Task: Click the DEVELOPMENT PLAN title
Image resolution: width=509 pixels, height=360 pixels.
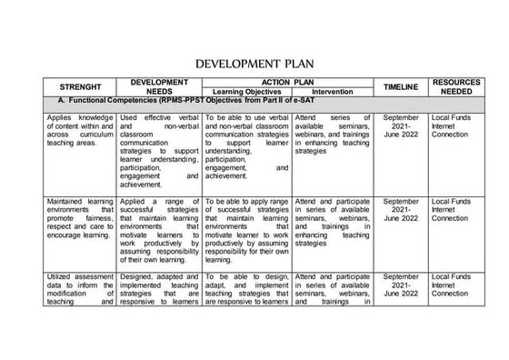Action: tap(254, 65)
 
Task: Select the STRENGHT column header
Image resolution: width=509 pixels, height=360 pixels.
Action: tap(78, 86)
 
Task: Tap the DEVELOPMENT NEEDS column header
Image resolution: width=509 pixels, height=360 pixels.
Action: tap(159, 86)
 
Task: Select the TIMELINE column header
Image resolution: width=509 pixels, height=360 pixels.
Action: tap(401, 86)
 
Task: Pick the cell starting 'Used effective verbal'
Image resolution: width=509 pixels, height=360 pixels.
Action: tap(159, 150)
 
